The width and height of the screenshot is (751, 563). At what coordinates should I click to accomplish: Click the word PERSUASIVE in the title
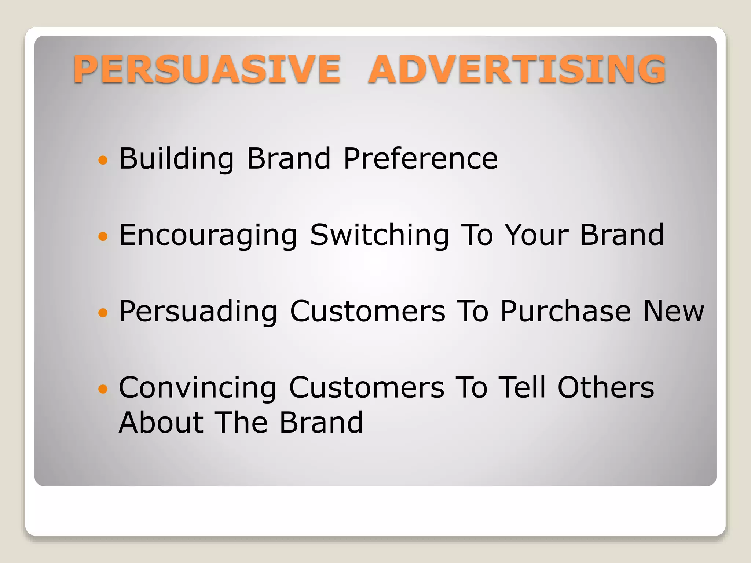click(x=207, y=69)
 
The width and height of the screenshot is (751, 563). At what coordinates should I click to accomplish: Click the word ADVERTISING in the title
click(x=517, y=69)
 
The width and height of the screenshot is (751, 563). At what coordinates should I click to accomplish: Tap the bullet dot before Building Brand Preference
click(x=103, y=160)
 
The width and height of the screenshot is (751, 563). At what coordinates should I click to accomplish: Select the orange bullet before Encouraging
click(x=103, y=236)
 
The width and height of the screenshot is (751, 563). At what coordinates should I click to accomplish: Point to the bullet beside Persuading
click(x=103, y=313)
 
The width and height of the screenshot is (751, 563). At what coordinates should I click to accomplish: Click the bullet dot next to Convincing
click(x=103, y=389)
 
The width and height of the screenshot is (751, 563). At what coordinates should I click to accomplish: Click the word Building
click(x=176, y=159)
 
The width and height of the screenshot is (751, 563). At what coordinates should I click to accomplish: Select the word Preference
click(x=421, y=159)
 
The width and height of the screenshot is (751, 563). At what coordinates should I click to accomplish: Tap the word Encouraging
click(x=208, y=235)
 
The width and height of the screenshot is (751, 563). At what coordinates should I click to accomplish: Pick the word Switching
click(x=380, y=235)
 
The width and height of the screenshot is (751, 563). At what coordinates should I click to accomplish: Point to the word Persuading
click(x=198, y=312)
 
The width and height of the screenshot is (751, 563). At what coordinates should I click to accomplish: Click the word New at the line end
click(x=674, y=312)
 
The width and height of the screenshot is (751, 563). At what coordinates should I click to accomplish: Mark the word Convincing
click(x=198, y=388)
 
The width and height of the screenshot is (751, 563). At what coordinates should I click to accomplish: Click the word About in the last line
click(x=161, y=422)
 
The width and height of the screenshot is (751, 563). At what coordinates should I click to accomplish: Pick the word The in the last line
click(x=241, y=422)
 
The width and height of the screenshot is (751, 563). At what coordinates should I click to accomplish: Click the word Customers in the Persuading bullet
click(x=367, y=312)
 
